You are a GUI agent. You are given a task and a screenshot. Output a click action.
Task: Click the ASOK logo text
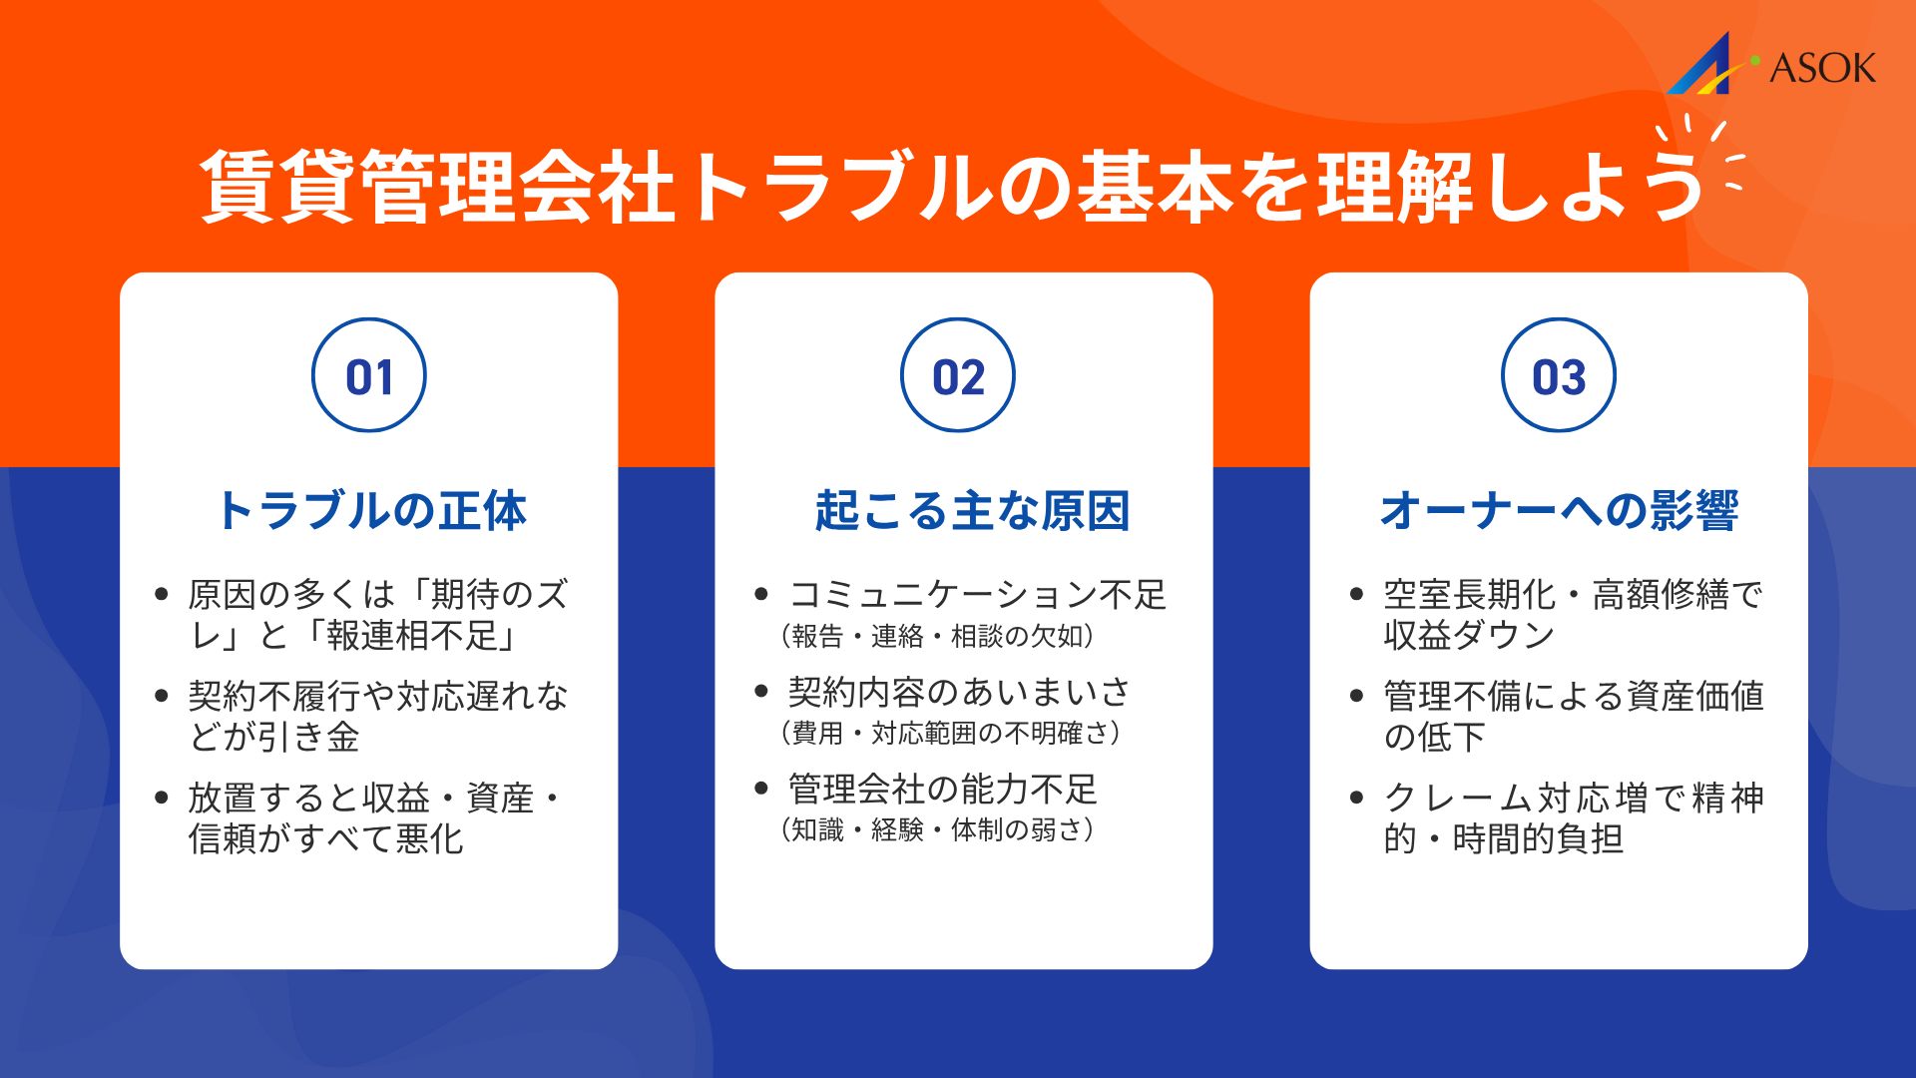(x=1822, y=68)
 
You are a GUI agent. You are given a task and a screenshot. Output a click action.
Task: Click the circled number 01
(x=369, y=376)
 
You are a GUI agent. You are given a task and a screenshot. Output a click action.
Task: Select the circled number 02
(x=958, y=376)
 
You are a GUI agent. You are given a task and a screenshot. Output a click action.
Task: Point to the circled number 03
(x=1559, y=376)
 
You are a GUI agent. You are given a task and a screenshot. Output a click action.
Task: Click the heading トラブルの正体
(x=371, y=510)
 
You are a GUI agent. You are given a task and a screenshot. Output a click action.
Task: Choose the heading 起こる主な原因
(x=972, y=510)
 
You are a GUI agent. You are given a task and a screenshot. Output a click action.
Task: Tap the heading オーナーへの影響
(x=1559, y=510)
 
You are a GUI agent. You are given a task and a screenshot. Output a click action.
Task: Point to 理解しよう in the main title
(x=1512, y=186)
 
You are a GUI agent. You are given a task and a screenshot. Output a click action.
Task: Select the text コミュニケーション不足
(x=977, y=595)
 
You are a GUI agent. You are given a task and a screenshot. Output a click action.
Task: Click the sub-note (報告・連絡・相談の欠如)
(x=937, y=636)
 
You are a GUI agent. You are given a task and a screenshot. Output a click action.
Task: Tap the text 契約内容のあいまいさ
(x=959, y=692)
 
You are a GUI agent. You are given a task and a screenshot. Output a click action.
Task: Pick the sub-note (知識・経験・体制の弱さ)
(x=937, y=829)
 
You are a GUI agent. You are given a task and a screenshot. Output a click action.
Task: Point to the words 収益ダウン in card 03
(x=1469, y=636)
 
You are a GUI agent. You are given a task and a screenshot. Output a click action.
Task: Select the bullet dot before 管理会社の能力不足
(x=761, y=789)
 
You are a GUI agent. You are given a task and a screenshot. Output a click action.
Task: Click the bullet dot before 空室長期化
(x=1356, y=594)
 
